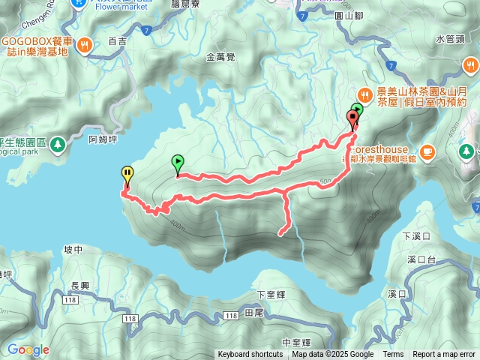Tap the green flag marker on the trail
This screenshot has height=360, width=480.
pyautogui.click(x=178, y=161)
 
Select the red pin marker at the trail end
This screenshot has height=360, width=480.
pyautogui.click(x=352, y=118)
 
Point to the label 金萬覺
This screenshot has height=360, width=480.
pyautogui.click(x=220, y=56)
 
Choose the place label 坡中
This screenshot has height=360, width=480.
pyautogui.click(x=73, y=250)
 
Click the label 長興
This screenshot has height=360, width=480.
pyautogui.click(x=79, y=286)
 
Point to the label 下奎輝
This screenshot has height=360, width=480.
pyautogui.click(x=271, y=294)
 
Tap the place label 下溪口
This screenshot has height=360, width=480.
pyautogui.click(x=414, y=236)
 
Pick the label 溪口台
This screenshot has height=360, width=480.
pyautogui.click(x=421, y=260)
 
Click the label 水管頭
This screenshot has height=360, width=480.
pyautogui.click(x=450, y=39)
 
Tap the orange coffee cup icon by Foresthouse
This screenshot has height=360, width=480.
pyautogui.click(x=427, y=151)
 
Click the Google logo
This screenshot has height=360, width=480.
pyautogui.click(x=28, y=349)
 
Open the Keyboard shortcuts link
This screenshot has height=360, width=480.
pyautogui.click(x=250, y=355)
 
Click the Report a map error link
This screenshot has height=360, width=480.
pyautogui.click(x=444, y=355)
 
